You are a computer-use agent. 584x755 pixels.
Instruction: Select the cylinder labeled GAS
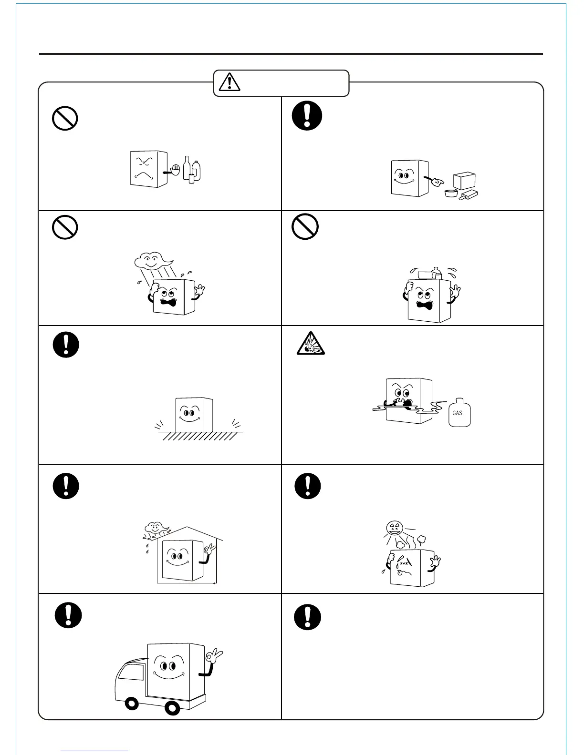point(459,412)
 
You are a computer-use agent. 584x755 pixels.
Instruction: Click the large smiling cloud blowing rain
point(152,261)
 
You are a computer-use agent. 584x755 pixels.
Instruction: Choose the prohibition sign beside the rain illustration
point(64,227)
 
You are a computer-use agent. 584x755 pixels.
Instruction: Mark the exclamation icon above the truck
point(68,615)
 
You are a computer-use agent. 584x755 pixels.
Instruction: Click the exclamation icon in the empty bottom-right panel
point(307,617)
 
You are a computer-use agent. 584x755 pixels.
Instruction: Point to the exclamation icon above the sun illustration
point(307,486)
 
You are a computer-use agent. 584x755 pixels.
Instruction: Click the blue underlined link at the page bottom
point(94,751)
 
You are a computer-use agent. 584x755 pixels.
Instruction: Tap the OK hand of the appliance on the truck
point(214,655)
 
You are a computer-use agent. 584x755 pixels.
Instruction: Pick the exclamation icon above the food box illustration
point(307,116)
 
